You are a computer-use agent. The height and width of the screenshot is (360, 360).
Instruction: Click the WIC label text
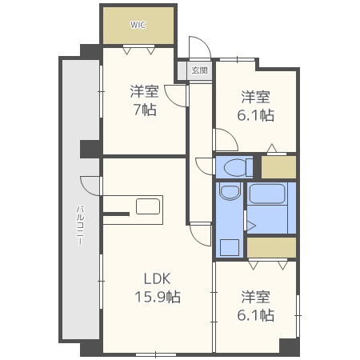(x=138, y=24)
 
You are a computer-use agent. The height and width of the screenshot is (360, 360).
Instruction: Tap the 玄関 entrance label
(x=200, y=70)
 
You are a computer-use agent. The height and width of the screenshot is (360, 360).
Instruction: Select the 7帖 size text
(x=144, y=110)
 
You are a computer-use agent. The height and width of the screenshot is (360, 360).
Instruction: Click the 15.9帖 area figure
(x=157, y=297)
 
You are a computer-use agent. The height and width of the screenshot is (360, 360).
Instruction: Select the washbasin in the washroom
(x=230, y=193)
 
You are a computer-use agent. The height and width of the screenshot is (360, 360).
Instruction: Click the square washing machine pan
(x=230, y=246)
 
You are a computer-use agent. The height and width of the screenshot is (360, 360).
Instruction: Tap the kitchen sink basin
(x=148, y=206)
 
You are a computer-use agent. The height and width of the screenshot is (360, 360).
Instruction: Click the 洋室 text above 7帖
(x=144, y=91)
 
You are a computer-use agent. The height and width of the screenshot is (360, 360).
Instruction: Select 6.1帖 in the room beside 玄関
(x=256, y=115)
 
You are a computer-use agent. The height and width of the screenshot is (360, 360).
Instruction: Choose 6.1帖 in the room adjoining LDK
(x=256, y=314)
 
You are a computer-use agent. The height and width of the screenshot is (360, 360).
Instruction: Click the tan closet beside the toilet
(x=278, y=166)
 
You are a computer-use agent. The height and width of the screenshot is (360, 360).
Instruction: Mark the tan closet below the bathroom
(x=271, y=247)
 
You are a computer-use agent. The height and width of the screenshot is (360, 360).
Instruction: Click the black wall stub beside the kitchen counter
(x=114, y=214)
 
